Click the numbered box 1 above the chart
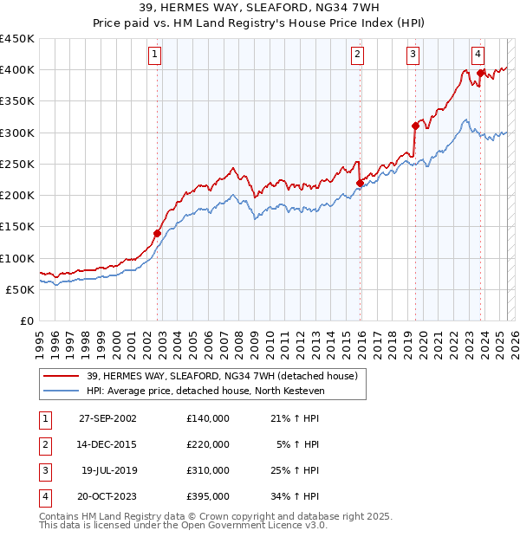tap(154, 55)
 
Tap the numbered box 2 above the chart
tap(357, 55)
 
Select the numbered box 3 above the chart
tap(413, 55)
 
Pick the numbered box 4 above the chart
tap(478, 55)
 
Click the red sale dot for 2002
tap(158, 233)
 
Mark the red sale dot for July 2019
tap(415, 126)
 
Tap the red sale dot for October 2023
tap(480, 73)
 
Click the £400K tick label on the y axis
tap(17, 70)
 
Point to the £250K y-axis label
tap(17, 164)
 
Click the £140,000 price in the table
tap(207, 418)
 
